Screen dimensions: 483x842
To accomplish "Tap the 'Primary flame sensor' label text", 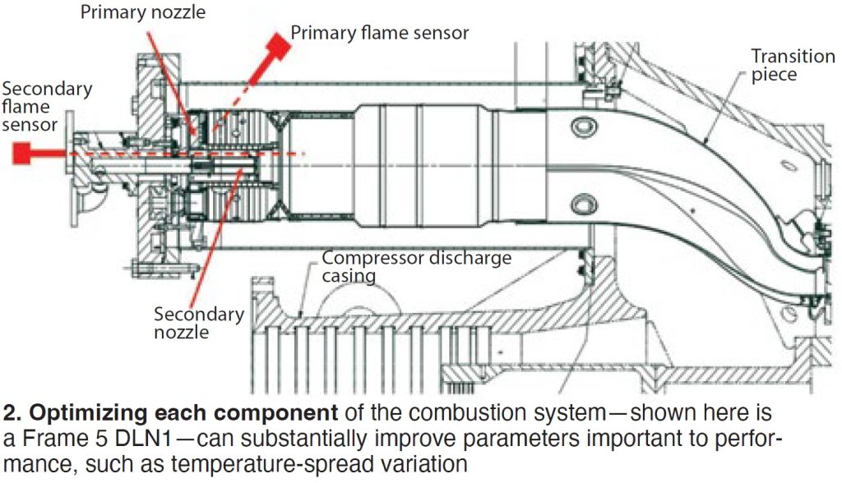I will point(379,33).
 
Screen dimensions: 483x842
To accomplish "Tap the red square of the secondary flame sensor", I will point(22,153).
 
